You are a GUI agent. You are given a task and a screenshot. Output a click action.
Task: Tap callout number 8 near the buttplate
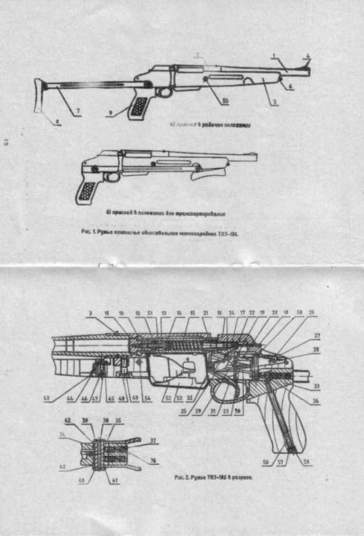coord(57,122)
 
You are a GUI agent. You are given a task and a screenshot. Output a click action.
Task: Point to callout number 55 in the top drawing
coord(225,101)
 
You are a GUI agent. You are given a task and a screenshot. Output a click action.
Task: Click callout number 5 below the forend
coord(275,102)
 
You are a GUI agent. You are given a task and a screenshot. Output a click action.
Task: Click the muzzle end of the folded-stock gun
coord(255,156)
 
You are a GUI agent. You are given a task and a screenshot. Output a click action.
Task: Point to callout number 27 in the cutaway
coord(317,335)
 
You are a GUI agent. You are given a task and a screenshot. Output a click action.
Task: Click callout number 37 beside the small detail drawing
coord(153,440)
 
